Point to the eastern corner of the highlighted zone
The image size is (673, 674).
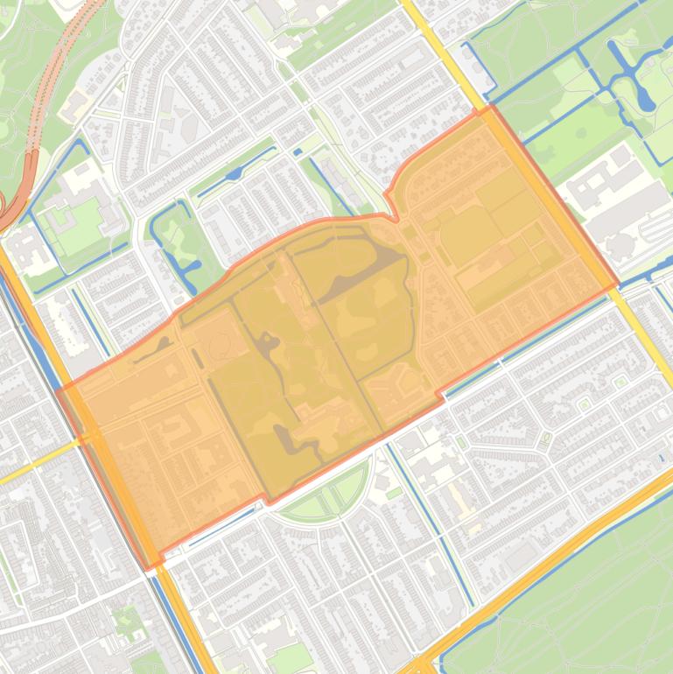(x=618, y=285)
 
